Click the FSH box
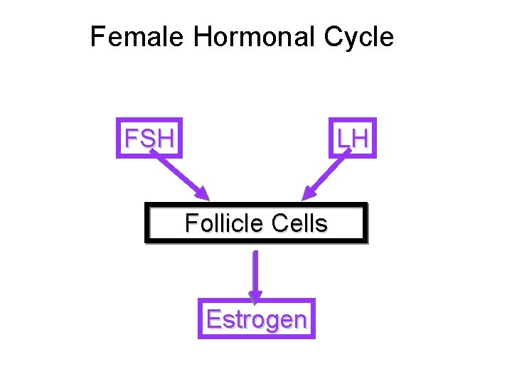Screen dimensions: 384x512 (149, 138)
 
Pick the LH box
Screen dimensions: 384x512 (353, 138)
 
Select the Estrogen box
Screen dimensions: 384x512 (256, 319)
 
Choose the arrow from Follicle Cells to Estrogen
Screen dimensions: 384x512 (255, 274)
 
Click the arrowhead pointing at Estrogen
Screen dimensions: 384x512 (255, 296)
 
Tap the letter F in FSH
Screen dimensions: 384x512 (131, 139)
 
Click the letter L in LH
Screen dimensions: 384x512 (344, 139)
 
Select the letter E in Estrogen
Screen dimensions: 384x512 (213, 319)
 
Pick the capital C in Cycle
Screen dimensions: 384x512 (334, 37)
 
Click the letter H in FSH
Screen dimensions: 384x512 (166, 139)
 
